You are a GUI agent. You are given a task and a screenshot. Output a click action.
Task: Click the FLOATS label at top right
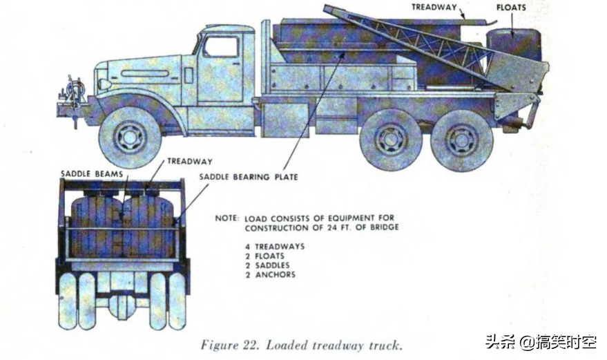click(511, 8)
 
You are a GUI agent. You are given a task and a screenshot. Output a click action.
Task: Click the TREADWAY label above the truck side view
click(434, 7)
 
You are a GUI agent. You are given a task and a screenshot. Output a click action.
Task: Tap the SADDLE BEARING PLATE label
click(249, 177)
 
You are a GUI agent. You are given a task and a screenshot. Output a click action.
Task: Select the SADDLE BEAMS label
click(92, 173)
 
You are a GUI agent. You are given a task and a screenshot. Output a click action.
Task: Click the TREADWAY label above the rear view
click(190, 161)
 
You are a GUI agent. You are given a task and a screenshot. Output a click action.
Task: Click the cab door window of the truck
click(220, 47)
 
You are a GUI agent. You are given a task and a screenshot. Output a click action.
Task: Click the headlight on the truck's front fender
click(105, 84)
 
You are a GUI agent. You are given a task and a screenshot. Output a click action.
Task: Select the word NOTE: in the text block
click(227, 218)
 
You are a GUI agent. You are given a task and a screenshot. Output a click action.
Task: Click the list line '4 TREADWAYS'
click(275, 247)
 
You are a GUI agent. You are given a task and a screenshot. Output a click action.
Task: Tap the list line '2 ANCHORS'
click(270, 275)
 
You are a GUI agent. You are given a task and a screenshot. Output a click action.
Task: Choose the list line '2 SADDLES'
click(267, 265)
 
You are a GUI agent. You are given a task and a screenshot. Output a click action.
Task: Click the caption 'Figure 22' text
click(229, 345)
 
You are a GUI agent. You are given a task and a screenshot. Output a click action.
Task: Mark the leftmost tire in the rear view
click(68, 301)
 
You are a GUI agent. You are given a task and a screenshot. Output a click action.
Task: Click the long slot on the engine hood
click(145, 73)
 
